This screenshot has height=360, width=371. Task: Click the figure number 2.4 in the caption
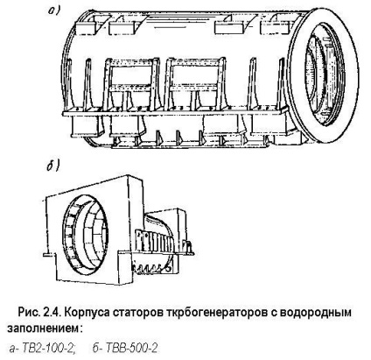[52, 313]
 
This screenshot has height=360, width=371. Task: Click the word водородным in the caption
[316, 313]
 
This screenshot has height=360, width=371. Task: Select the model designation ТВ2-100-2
[46, 348]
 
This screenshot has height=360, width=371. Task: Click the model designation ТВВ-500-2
[132, 348]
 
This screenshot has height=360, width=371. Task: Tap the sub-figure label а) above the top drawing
[54, 11]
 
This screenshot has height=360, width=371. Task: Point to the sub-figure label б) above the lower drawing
[53, 166]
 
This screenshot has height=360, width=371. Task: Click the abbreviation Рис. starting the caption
[29, 313]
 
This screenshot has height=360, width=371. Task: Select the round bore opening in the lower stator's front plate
[86, 236]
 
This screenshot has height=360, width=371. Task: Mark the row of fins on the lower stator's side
[154, 240]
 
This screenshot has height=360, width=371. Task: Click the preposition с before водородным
[273, 314]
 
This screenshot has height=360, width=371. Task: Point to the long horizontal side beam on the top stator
[175, 113]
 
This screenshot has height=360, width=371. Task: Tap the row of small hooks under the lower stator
[151, 268]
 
